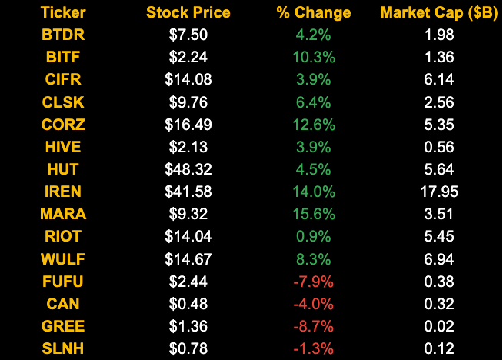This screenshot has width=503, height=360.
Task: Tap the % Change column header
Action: (x=313, y=13)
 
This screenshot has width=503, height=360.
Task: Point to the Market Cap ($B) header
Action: (x=439, y=13)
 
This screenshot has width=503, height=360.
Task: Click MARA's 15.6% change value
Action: (x=313, y=213)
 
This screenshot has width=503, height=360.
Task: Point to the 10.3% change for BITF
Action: (x=313, y=57)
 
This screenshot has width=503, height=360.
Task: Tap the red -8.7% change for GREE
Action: (x=313, y=325)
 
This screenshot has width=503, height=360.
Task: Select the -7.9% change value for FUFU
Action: (x=313, y=281)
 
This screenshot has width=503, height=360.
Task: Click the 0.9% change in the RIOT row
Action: (x=313, y=235)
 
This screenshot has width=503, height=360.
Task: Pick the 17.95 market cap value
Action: (x=439, y=191)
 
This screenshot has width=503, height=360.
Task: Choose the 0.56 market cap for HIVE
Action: (x=439, y=146)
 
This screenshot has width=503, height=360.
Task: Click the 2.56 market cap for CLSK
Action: (x=439, y=102)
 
